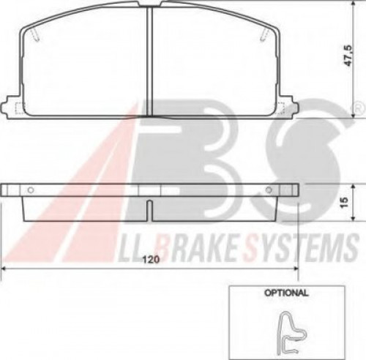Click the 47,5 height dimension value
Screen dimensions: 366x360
click(348, 56)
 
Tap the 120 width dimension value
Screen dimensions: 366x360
click(151, 259)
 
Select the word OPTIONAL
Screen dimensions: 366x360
click(286, 293)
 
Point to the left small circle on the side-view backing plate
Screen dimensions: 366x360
click(31, 190)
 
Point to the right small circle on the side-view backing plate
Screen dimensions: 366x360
click(269, 190)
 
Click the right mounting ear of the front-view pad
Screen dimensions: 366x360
click(288, 108)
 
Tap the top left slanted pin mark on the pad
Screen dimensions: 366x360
click(35, 34)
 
